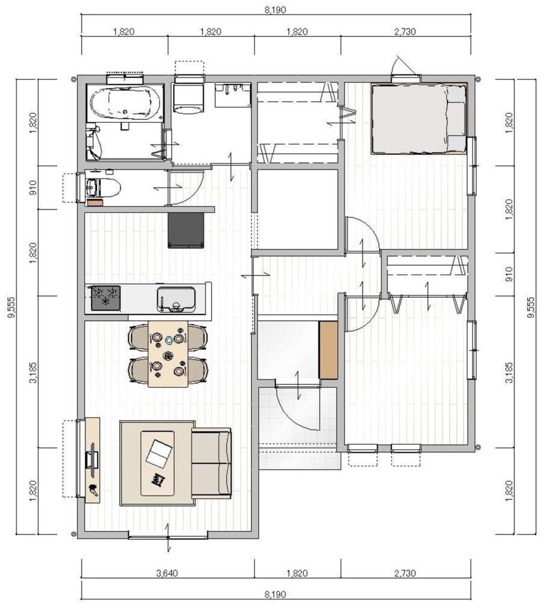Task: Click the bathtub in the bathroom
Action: [x=125, y=103]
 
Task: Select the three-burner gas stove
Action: [x=106, y=298]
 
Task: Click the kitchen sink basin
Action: [x=176, y=299]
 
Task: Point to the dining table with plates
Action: [x=168, y=354]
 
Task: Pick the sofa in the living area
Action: [x=211, y=463]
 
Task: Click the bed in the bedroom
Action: [x=419, y=119]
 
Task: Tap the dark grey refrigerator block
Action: [x=186, y=231]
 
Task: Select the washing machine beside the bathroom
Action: [x=189, y=98]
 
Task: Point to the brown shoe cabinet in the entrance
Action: [x=328, y=350]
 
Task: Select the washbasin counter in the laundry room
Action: [x=233, y=95]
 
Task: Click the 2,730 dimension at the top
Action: [x=405, y=32]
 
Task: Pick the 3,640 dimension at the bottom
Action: [x=167, y=573]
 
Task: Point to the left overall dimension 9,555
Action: [x=11, y=307]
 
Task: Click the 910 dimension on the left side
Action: [x=33, y=188]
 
